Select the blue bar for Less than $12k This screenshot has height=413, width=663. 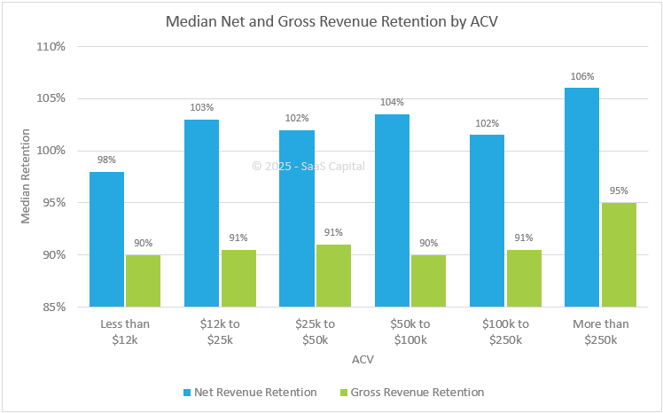[x=106, y=239]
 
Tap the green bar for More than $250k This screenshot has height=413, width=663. [x=620, y=255]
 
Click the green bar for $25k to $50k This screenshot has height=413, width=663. [x=333, y=276]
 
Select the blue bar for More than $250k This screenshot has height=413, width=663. [x=581, y=198]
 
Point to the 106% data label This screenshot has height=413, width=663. [x=582, y=76]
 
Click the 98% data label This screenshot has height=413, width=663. [x=106, y=160]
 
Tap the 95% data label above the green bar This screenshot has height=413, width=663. [x=620, y=191]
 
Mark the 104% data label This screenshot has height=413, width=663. [x=393, y=102]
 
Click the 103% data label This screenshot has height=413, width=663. [x=202, y=107]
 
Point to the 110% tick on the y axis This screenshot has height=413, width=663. [x=51, y=46]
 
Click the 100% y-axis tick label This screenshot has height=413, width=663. [x=51, y=151]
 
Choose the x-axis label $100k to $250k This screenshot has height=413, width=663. [x=505, y=333]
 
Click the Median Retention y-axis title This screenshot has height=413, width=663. [x=26, y=176]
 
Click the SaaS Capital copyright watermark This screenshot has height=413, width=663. [x=308, y=166]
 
